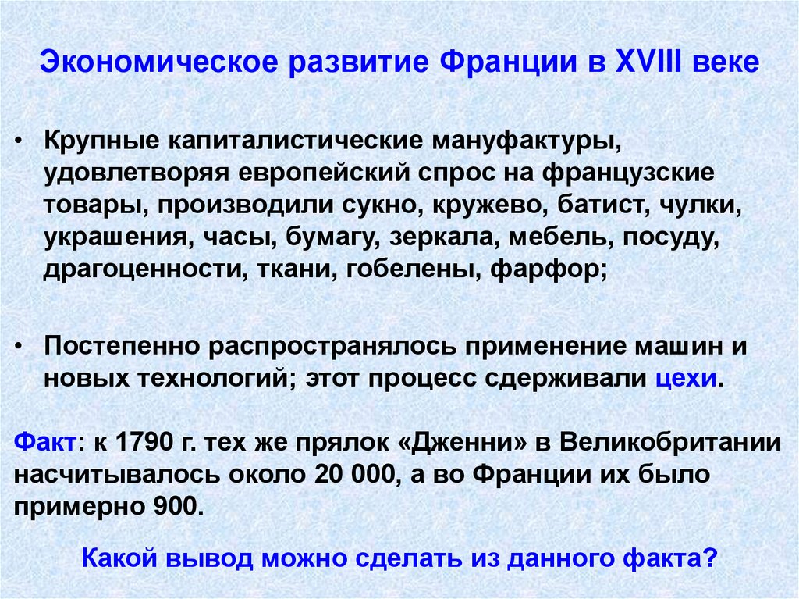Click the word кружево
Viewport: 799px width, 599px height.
(x=478, y=207)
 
